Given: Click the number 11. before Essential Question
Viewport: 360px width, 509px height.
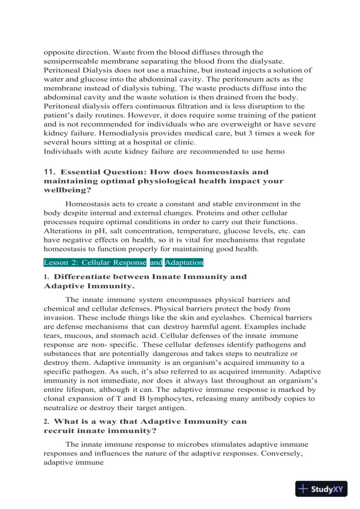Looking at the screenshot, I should tap(49, 171).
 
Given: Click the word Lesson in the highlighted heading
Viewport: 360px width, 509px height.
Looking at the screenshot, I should tap(58, 262).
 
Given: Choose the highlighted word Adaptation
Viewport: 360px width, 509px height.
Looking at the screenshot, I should tap(184, 262).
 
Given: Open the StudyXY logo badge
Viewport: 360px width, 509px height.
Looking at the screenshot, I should tap(323, 488).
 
